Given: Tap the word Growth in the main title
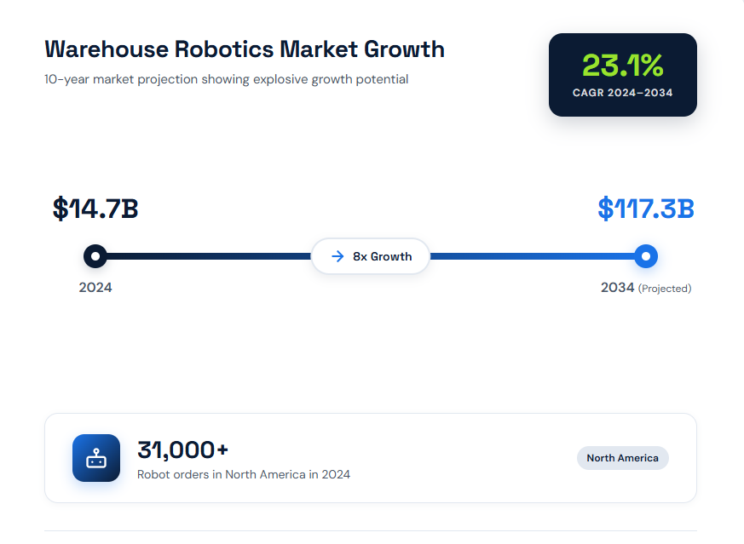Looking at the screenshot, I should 404,49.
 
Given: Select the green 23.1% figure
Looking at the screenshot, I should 622,66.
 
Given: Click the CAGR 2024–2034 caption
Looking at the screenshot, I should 622,93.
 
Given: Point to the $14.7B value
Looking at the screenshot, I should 95,209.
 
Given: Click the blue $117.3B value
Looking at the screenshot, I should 646,209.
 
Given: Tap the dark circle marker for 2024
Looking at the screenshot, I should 95,255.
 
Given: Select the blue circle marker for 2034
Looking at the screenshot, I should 646,255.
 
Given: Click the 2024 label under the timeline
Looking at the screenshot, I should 95,288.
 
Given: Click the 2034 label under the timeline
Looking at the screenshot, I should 618,288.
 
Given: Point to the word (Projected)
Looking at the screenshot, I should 665,289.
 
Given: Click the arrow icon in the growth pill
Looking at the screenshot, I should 337,256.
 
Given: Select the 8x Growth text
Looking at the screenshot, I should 382,256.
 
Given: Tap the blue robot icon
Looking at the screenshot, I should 96,458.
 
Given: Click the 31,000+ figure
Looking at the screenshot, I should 183,450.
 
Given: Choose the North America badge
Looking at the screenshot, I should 622,458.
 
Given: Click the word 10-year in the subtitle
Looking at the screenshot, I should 66,79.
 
